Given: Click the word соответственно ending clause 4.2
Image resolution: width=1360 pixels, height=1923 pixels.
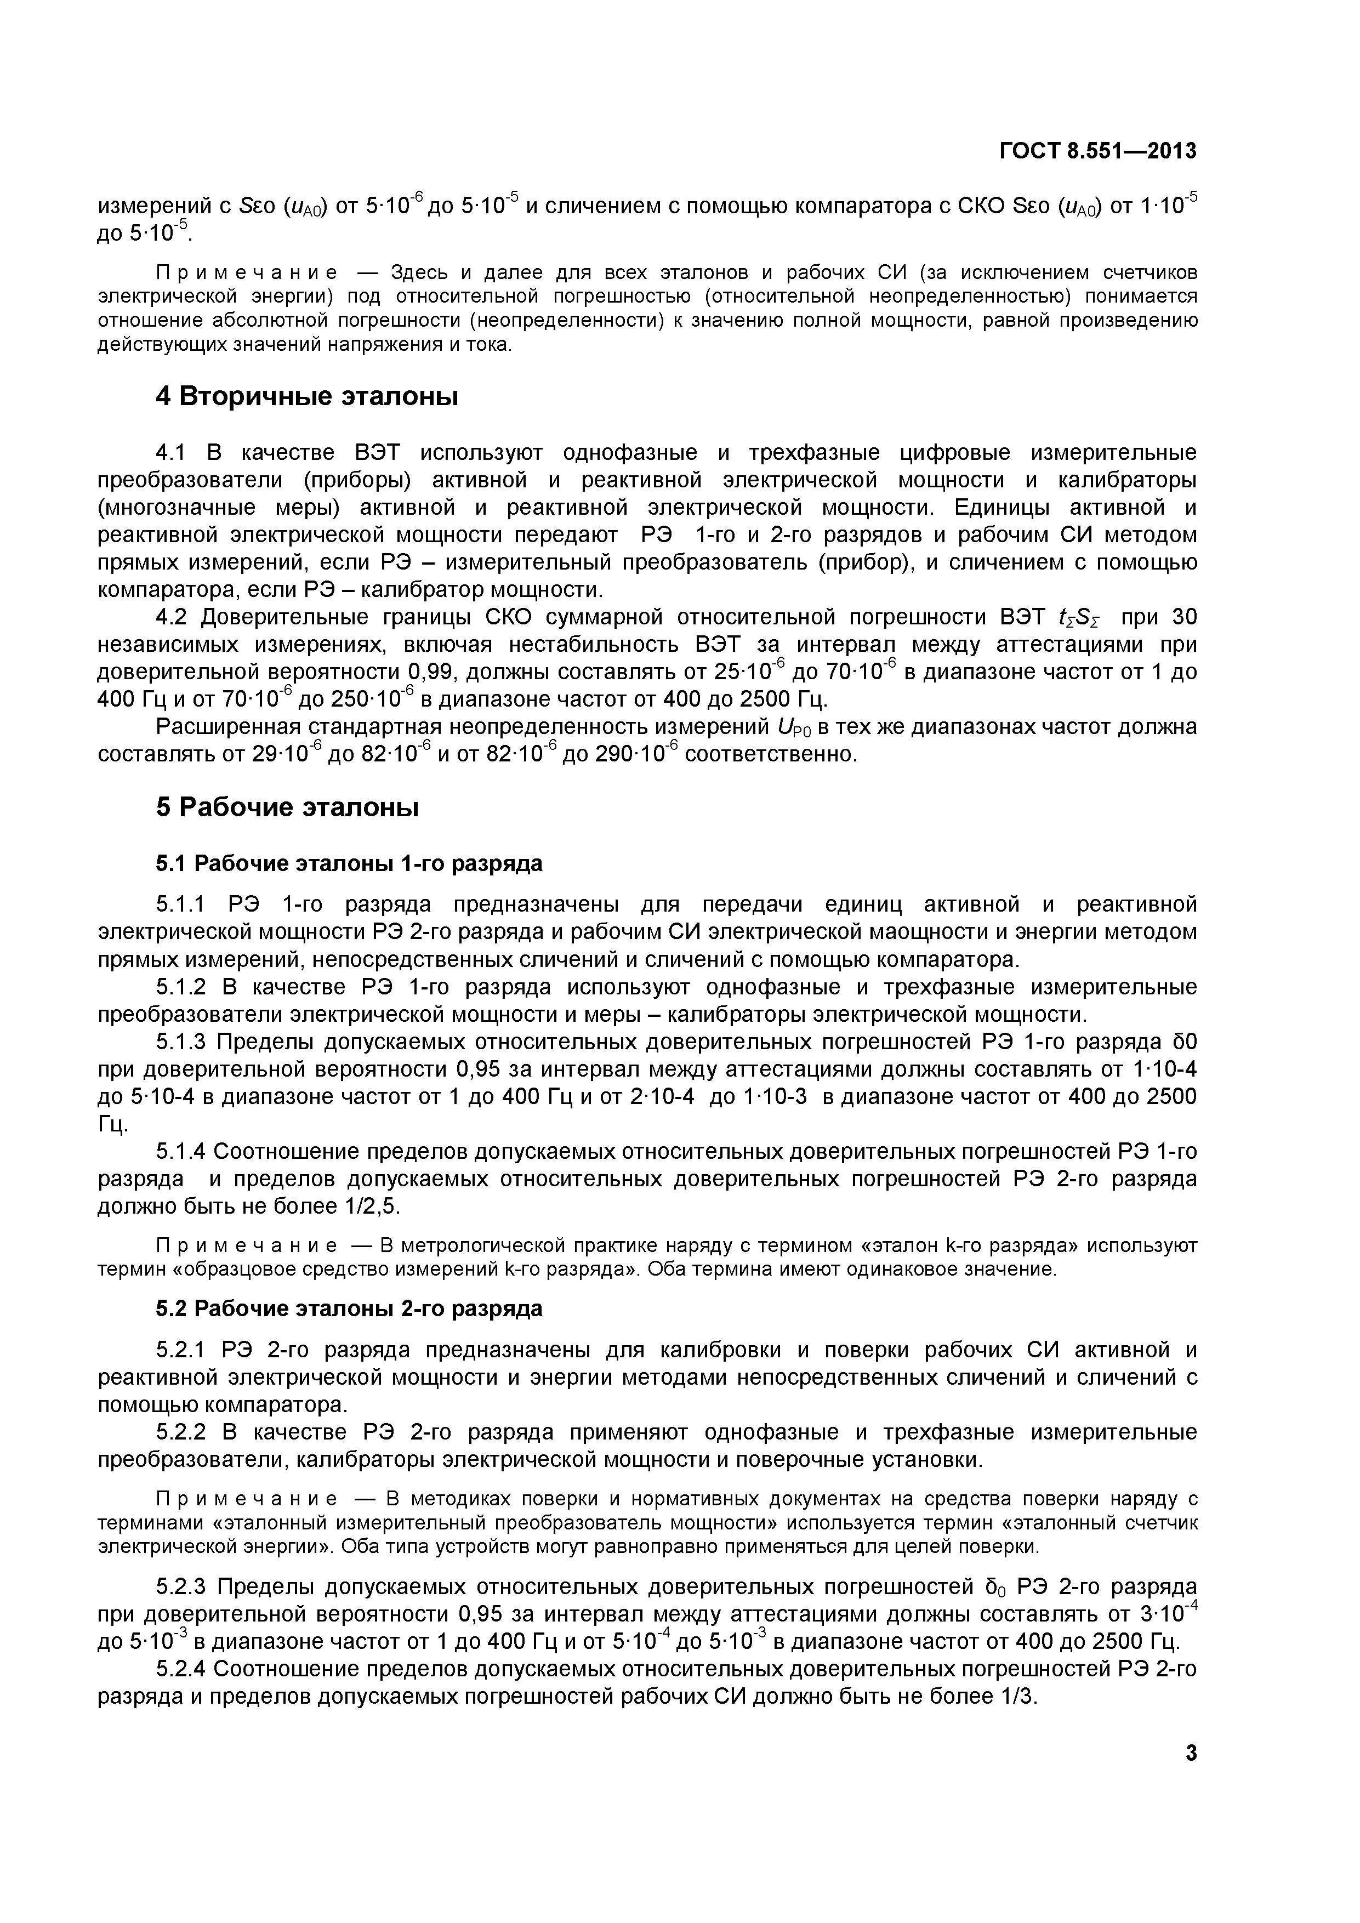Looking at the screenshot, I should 770,755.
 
